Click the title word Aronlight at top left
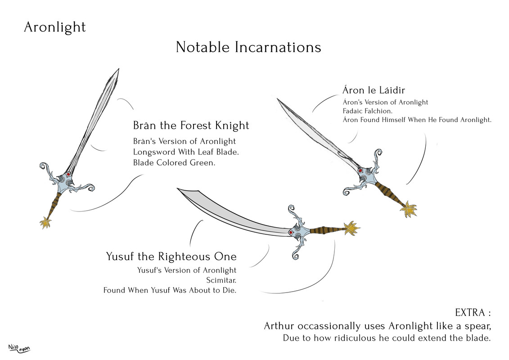pos(54,27)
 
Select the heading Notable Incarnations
pos(248,47)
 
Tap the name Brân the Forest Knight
pos(191,125)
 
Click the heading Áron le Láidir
pos(374,90)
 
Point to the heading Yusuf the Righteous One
pos(171,257)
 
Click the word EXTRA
pos(469,313)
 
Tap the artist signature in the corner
pos(18,348)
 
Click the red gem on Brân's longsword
pos(68,175)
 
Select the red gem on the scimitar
pos(291,233)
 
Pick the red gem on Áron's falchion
pos(360,171)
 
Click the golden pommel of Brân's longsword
pos(45,222)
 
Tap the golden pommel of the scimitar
pos(351,229)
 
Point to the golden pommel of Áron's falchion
pos(410,209)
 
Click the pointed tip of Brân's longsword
pos(118,70)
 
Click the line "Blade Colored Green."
pos(174,163)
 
